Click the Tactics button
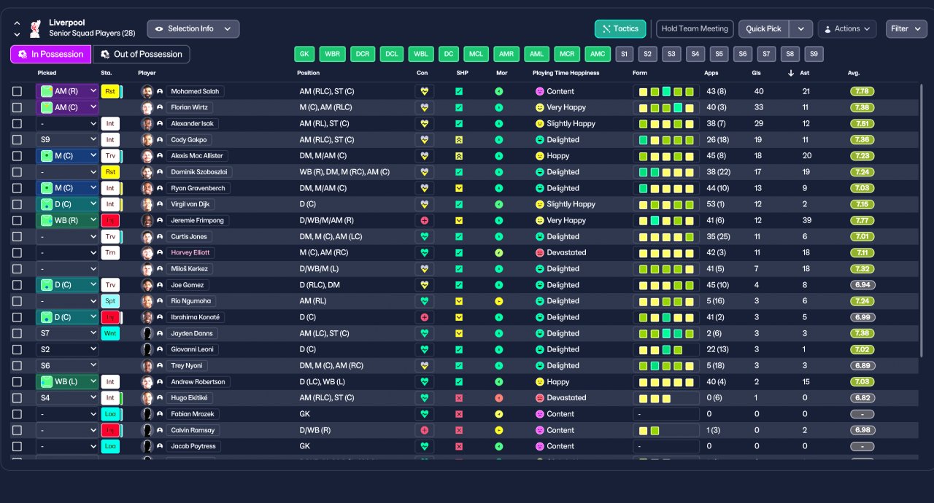620,28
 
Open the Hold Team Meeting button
694,28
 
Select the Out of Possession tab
141,54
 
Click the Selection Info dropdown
193,28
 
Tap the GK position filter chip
304,54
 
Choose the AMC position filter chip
598,54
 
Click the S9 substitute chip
814,54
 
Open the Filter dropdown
906,28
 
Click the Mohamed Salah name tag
195,91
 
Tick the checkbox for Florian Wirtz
17,107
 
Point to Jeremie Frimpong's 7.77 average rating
862,220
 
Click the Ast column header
806,73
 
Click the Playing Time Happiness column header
566,73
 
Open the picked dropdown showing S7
67,333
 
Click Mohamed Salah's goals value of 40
759,91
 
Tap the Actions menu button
846,28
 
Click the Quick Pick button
763,28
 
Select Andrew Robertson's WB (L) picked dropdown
67,381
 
